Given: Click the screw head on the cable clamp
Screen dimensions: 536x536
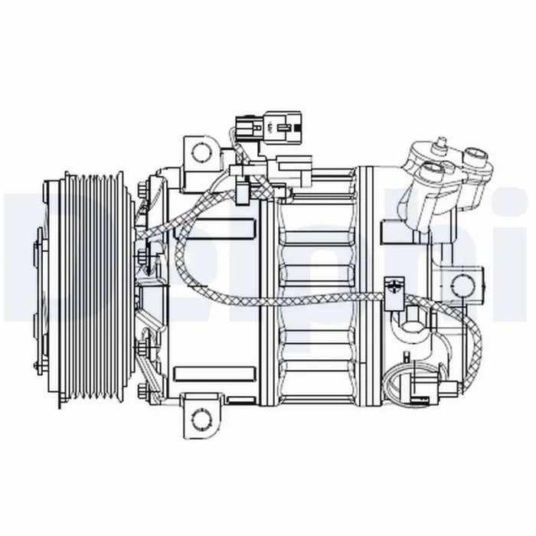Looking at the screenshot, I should [x=394, y=287].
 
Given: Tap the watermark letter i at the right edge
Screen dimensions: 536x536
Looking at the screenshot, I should [x=515, y=253].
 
